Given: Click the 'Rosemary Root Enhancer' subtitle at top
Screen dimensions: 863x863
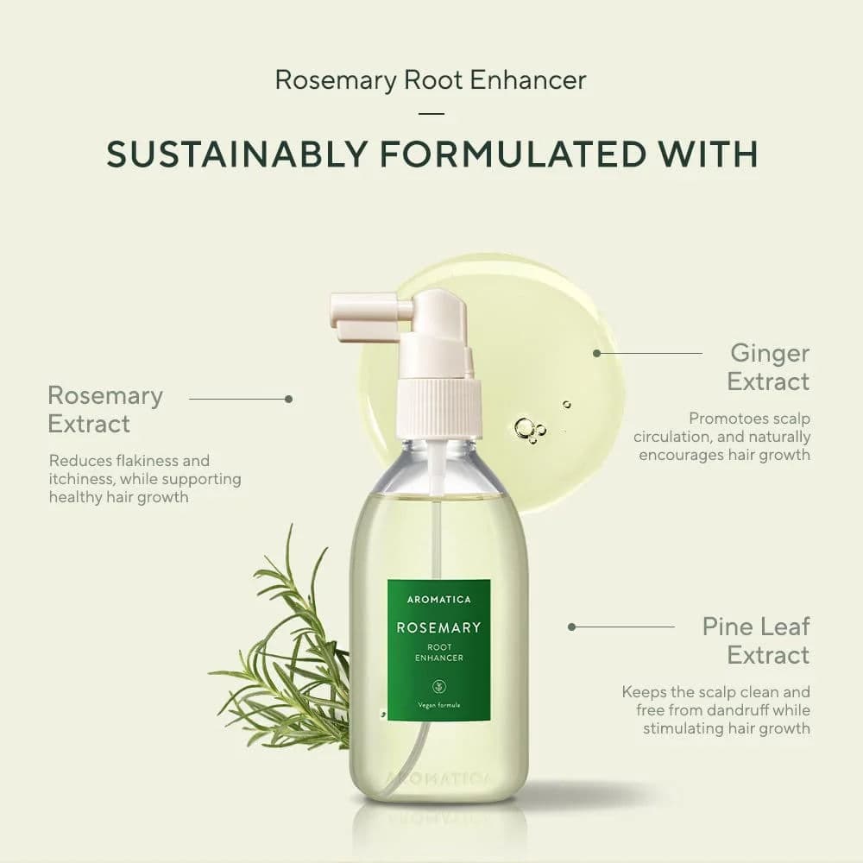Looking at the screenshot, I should [431, 80].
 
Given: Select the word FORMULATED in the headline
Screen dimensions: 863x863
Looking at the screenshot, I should [514, 154].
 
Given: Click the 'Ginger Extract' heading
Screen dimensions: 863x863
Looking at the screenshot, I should [768, 367].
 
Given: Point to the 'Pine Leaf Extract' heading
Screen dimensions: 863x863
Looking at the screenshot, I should [756, 640].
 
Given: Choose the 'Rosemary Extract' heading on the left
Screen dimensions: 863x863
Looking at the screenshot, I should [104, 409].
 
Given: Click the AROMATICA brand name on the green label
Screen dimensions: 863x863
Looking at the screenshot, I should [438, 599].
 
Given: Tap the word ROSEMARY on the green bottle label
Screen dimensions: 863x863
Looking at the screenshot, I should [438, 627].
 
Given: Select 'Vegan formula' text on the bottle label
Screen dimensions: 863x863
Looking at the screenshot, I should [438, 705].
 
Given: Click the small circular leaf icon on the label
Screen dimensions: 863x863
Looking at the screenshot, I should [438, 687].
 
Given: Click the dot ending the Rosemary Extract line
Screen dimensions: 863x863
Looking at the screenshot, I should [288, 399].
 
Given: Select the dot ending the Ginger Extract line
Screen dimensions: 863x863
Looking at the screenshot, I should [596, 353].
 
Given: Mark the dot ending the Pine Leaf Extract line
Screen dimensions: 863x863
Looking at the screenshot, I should [571, 627].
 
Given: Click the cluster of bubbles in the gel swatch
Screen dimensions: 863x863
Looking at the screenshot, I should [528, 429].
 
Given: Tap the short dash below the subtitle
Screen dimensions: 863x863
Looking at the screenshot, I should [431, 113].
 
